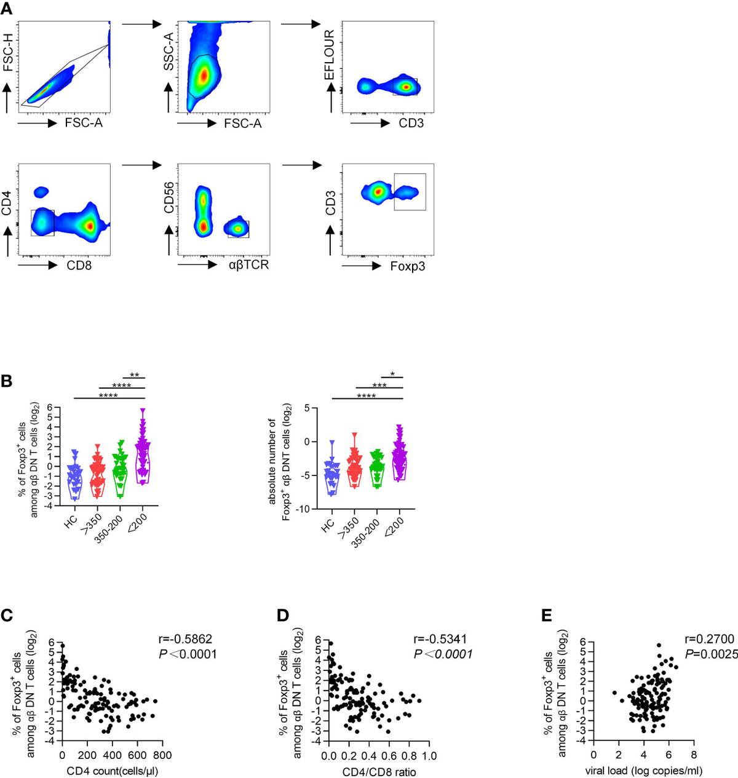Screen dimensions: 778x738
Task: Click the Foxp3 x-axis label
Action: pos(408,266)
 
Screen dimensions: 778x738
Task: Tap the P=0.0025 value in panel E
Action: pos(710,654)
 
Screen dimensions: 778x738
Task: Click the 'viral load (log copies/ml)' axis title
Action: pos(644,771)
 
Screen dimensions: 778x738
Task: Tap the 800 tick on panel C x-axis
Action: pos(162,755)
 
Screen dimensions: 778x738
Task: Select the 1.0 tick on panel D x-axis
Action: pos(429,755)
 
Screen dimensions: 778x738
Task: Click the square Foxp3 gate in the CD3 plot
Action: pos(410,192)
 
